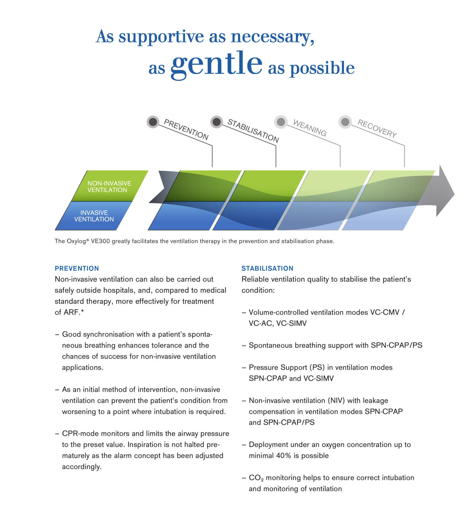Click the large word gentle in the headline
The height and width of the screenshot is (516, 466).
click(217, 64)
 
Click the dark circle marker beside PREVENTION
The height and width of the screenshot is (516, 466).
click(153, 122)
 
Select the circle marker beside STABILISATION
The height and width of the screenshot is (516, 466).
click(217, 122)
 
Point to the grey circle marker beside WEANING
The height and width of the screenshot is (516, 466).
click(281, 122)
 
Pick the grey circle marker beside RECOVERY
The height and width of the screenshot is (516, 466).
click(345, 122)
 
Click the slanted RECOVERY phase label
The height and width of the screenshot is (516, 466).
click(377, 128)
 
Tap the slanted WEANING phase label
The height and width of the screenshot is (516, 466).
click(310, 128)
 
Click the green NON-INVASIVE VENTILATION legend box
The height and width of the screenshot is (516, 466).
click(110, 186)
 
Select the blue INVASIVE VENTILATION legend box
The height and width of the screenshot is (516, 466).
click(94, 216)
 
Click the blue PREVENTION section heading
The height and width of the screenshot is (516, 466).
click(77, 268)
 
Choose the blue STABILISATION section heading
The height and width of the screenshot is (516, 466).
click(268, 268)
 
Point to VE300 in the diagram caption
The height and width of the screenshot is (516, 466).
click(100, 241)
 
